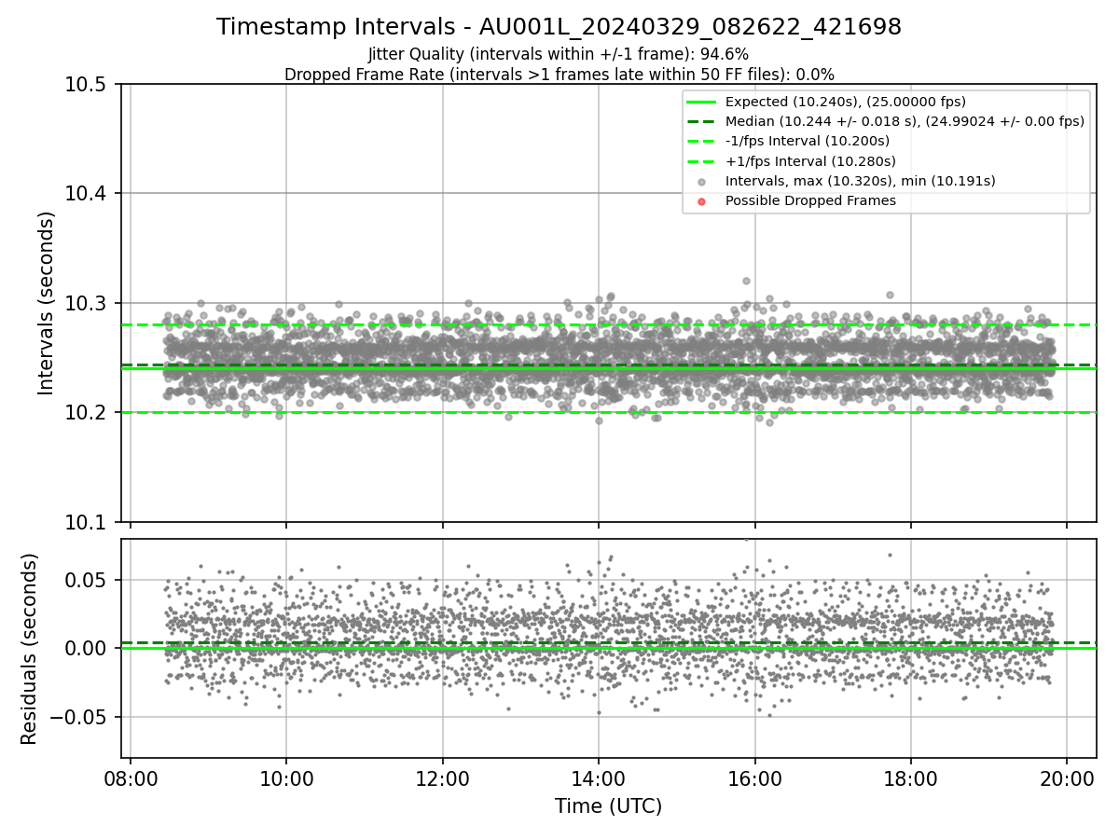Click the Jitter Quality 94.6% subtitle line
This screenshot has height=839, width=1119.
[x=559, y=54]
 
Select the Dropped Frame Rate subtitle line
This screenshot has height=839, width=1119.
[x=559, y=74]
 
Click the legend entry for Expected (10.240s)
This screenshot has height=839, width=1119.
[x=845, y=102]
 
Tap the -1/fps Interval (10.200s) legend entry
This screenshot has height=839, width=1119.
[x=807, y=141]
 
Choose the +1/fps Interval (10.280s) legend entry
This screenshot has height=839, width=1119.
[x=808, y=160]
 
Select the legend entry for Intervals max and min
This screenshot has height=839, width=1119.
[x=860, y=180]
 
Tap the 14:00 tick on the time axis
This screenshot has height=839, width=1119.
[x=598, y=779]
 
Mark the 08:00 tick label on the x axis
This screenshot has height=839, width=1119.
[x=130, y=779]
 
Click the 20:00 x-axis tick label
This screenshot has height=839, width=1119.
[x=1067, y=779]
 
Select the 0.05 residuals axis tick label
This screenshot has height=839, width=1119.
[x=90, y=580]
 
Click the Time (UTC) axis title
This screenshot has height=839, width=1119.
[x=608, y=806]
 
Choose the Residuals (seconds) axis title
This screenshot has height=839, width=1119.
[x=30, y=649]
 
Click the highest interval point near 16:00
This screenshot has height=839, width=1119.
[x=746, y=281]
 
